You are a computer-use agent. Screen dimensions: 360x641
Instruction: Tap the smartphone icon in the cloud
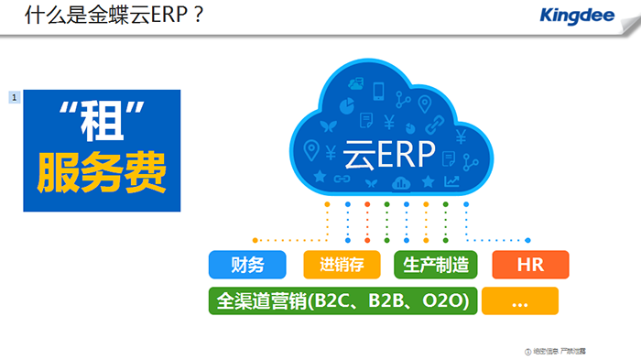pyautogui.click(x=379, y=89)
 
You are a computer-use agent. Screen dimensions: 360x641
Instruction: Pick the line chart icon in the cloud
pyautogui.click(x=451, y=180)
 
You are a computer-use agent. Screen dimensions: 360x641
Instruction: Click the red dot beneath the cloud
pyautogui.click(x=367, y=203)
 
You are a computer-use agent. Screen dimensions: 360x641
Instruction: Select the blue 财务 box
pyautogui.click(x=247, y=266)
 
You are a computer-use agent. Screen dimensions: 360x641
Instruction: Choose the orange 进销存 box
pyautogui.click(x=342, y=266)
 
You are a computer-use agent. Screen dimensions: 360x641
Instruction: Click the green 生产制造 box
pyautogui.click(x=436, y=266)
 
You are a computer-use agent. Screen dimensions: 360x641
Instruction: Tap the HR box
pyautogui.click(x=530, y=266)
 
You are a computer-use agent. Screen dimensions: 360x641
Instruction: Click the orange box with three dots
pyautogui.click(x=519, y=301)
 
